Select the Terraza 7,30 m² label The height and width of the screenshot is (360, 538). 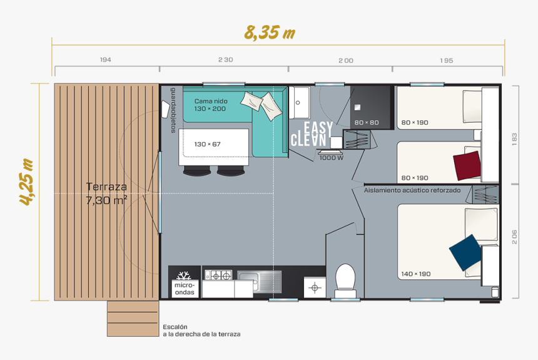[x=106, y=193]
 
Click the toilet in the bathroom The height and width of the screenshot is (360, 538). [x=345, y=280]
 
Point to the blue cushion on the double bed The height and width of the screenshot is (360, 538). [x=465, y=252]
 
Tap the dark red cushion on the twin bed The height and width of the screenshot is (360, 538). [x=468, y=165]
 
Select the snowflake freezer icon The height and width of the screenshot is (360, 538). [x=184, y=277]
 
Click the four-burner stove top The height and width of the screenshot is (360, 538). [x=218, y=275]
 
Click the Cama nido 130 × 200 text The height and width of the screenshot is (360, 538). [x=210, y=105]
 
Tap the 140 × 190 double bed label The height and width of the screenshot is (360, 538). [x=415, y=274]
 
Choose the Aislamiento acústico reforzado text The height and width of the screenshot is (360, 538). [x=412, y=190]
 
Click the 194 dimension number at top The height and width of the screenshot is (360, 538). [x=105, y=60]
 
